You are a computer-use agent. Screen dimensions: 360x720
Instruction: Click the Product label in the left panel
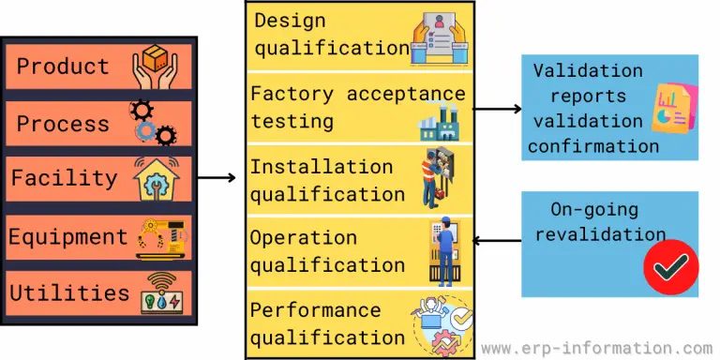(63, 67)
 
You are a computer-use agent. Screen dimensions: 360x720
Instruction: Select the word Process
(63, 123)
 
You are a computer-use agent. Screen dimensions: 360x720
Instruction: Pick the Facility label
(64, 177)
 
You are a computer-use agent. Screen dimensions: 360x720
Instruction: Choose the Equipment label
(67, 236)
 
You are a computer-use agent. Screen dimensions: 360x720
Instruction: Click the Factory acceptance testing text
(356, 107)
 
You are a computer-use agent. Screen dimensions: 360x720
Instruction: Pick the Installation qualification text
(326, 180)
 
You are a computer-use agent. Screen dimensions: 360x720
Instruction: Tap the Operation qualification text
(326, 251)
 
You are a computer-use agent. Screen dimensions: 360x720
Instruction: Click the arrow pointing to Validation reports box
(496, 109)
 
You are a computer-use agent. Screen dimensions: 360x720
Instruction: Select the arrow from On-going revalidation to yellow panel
(496, 241)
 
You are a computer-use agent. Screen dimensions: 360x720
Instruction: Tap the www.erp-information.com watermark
(596, 347)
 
